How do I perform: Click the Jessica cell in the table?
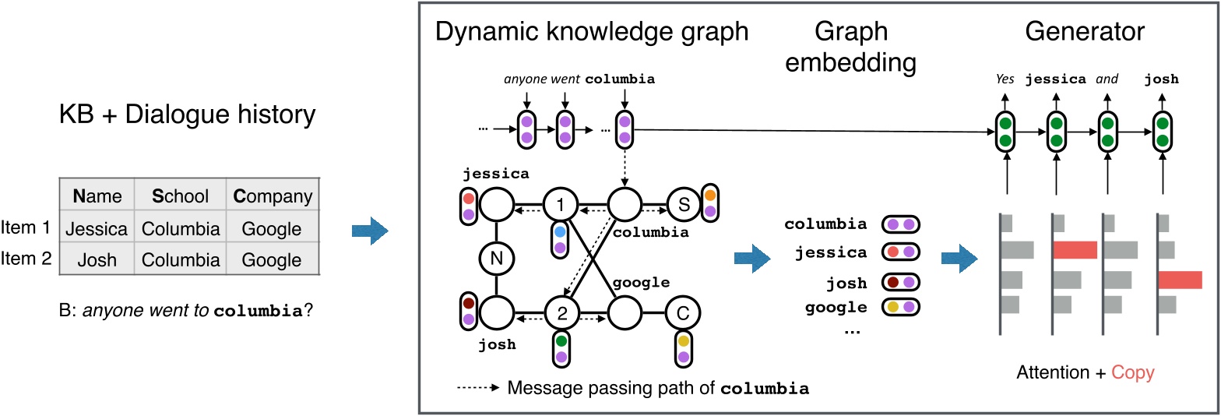96,229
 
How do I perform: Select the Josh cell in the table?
96,259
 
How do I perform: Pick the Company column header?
272,197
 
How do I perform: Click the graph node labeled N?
495,259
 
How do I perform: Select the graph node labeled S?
683,206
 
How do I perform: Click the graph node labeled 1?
558,206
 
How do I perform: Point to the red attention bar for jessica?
1075,249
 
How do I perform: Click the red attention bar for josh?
1180,280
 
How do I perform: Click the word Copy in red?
1133,372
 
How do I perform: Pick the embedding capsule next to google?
900,308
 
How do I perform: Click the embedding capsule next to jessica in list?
900,252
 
